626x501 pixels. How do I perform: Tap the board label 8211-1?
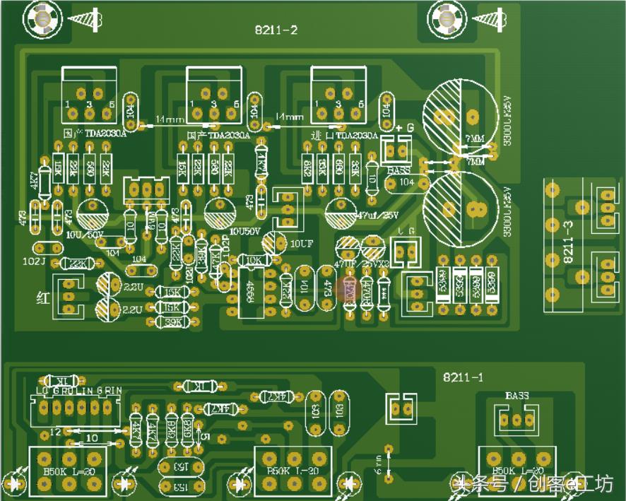coord(463,377)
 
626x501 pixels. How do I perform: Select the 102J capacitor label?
coord(33,261)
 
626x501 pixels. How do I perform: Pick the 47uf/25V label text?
coord(377,215)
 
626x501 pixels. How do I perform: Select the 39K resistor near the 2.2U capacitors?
coord(171,322)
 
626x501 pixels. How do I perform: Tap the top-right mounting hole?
coord(447,18)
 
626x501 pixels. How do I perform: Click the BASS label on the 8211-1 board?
coord(516,395)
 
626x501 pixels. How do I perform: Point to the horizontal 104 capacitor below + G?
coord(405,182)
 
